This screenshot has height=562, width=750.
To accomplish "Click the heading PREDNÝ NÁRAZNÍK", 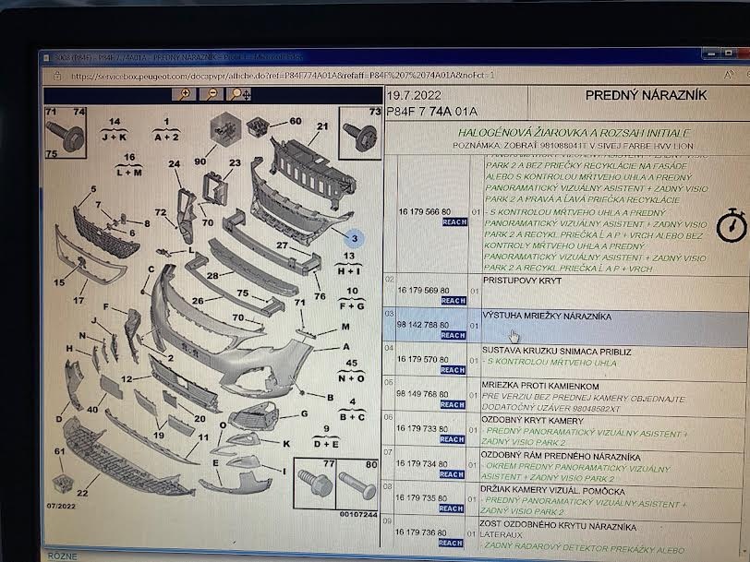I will click(x=646, y=94).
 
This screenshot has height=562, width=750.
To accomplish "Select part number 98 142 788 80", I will click(x=424, y=324).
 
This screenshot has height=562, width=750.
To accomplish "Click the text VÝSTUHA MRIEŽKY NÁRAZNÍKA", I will click(x=546, y=316).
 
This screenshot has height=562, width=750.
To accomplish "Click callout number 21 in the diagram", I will click(x=322, y=126).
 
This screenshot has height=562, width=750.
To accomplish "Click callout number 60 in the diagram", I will click(x=295, y=121).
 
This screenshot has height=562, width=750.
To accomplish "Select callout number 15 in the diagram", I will click(x=59, y=282).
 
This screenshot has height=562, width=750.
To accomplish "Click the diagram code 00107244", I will click(x=357, y=513).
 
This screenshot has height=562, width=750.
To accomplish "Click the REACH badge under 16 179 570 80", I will click(x=452, y=369).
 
